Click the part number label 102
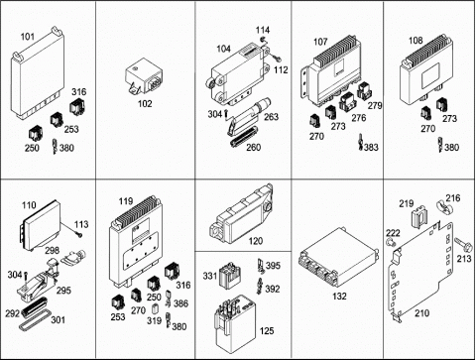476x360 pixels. pyautogui.click(x=145, y=104)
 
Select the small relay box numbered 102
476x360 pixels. pyautogui.click(x=144, y=77)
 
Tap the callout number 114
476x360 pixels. pyautogui.click(x=263, y=30)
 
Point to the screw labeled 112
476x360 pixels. pyautogui.click(x=277, y=60)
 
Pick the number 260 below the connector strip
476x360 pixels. pyautogui.click(x=253, y=147)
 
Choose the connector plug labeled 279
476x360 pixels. pyautogui.click(x=366, y=91)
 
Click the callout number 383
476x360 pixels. pyautogui.click(x=371, y=147)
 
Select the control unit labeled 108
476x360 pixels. pyautogui.click(x=426, y=71)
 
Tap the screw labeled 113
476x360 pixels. pyautogui.click(x=79, y=235)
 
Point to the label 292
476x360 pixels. pyautogui.click(x=12, y=313)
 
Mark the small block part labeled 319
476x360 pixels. pyautogui.click(x=154, y=309)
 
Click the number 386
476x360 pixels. pyautogui.click(x=180, y=303)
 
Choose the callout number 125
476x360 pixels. pyautogui.click(x=267, y=330)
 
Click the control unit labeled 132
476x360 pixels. pyautogui.click(x=338, y=260)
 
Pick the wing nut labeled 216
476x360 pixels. pyautogui.click(x=444, y=206)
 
